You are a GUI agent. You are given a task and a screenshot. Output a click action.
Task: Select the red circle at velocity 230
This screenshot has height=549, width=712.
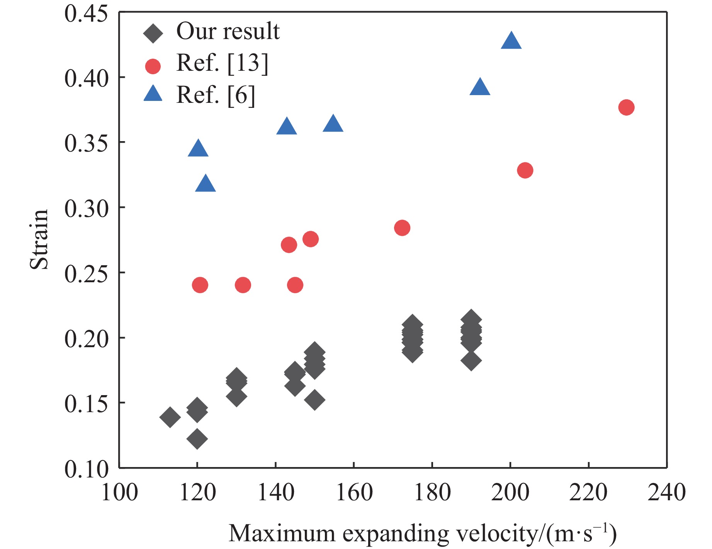point(626,107)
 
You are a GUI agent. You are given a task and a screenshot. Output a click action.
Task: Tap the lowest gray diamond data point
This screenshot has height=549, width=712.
point(197,439)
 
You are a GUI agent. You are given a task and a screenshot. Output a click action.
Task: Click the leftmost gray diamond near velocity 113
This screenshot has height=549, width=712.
point(170,417)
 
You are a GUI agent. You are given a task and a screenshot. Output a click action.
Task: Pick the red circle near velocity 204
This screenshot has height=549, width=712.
point(525,170)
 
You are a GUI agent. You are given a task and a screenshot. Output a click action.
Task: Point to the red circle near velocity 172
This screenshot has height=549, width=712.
point(402,228)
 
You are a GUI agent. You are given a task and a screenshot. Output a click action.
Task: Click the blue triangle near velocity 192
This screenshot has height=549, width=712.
point(480,87)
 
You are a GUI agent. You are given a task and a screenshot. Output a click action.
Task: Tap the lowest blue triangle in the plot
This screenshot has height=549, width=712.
point(206,184)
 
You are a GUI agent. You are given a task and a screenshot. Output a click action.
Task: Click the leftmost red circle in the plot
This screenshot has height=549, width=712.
point(200,285)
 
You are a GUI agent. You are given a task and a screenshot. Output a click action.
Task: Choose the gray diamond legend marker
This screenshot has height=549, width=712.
point(153,34)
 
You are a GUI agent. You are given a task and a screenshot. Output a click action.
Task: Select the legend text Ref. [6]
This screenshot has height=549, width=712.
point(216,95)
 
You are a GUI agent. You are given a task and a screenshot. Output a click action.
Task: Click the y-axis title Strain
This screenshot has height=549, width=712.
point(39,239)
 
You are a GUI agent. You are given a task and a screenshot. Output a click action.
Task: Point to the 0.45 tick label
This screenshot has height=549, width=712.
point(86,14)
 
